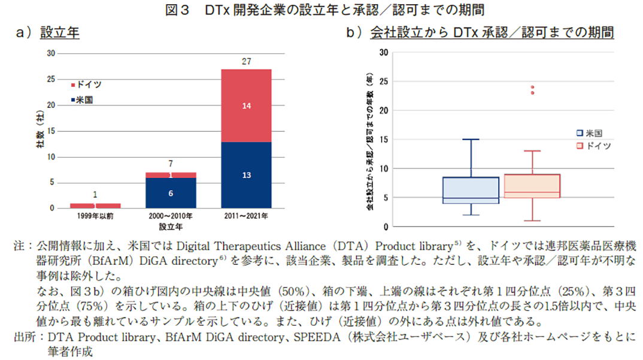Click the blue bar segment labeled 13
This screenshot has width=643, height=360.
click(x=246, y=175)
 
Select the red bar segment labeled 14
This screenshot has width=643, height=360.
click(x=246, y=105)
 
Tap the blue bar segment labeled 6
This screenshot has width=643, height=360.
click(x=171, y=193)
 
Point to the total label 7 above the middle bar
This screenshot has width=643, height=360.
click(x=171, y=164)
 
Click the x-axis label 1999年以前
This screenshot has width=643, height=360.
click(x=95, y=216)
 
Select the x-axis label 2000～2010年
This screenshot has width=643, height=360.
click(x=171, y=216)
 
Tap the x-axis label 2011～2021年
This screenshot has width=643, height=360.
click(x=246, y=216)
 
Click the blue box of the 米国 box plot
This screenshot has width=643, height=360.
click(x=471, y=190)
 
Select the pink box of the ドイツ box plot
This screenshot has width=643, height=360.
click(x=532, y=186)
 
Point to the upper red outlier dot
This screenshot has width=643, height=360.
click(x=532, y=87)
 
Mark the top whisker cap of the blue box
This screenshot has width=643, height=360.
click(x=471, y=140)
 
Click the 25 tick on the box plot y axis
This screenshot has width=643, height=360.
click(x=383, y=81)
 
